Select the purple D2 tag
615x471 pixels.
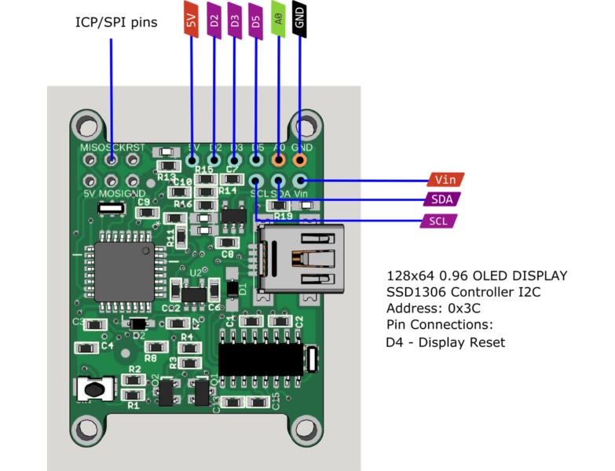214,20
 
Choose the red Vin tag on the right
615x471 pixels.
446,180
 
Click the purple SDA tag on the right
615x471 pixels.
442,200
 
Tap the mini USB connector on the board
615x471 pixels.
303,259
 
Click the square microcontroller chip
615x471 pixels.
124,272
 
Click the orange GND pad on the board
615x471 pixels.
299,160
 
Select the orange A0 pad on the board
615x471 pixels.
278,160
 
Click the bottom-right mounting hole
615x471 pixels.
305,429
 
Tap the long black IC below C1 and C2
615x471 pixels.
261,360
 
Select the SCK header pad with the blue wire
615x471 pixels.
112,160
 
